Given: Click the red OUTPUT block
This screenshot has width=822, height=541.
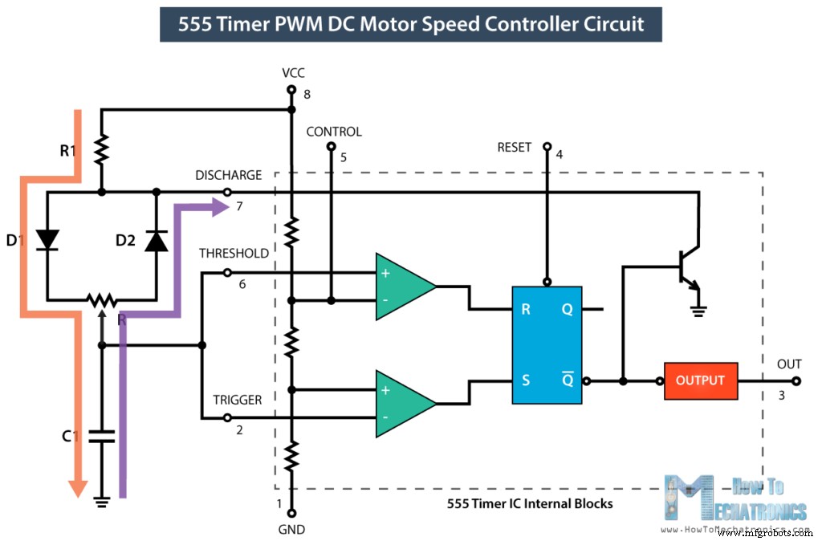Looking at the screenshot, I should [700, 380].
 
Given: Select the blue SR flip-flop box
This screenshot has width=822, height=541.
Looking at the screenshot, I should [549, 345].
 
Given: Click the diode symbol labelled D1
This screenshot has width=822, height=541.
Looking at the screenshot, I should [47, 239].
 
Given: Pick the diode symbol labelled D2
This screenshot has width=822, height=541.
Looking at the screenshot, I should [156, 240].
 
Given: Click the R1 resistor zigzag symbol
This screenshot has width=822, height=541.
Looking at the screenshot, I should [101, 148].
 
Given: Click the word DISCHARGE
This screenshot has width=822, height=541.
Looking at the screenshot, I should [229, 175].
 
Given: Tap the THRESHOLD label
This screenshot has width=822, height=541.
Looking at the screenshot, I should [234, 253].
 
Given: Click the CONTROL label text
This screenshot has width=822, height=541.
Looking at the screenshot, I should [334, 132].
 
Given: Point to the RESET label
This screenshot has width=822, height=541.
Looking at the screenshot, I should [515, 147].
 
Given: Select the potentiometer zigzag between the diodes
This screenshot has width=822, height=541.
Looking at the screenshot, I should [101, 300].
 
